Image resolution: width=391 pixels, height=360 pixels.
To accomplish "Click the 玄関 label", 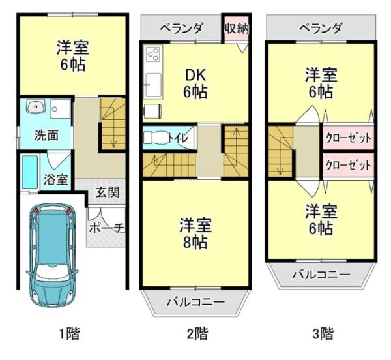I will click(107, 192).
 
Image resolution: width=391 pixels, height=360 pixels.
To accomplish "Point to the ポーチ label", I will click(106, 229).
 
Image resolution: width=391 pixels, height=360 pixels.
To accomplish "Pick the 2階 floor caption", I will click(196, 335).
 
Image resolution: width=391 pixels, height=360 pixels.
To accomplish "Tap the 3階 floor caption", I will click(322, 335).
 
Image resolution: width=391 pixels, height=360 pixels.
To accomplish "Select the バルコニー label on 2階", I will click(195, 302).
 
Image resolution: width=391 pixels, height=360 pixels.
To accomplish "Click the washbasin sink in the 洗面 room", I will click(33, 108).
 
